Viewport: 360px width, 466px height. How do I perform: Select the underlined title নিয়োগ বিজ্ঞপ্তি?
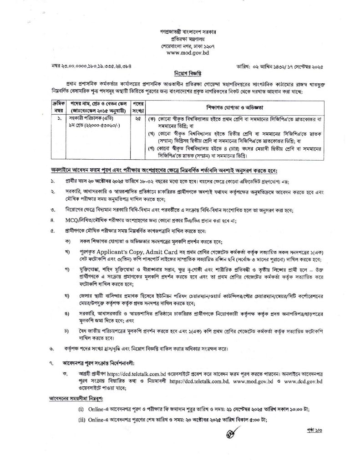pos(180,73)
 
